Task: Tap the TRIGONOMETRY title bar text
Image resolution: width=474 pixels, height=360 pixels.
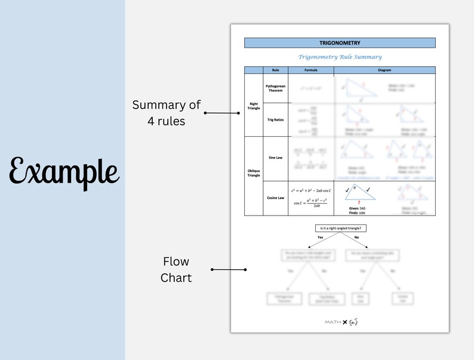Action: click(340, 43)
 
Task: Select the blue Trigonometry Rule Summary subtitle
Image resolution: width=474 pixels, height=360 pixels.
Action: click(340, 57)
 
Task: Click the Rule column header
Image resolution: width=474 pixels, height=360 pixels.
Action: click(275, 70)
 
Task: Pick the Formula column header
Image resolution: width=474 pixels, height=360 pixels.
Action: click(311, 70)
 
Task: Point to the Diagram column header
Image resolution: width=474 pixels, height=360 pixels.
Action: click(384, 70)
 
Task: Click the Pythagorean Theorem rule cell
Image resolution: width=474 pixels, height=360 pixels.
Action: click(275, 88)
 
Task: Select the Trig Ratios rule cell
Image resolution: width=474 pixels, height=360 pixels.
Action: click(275, 120)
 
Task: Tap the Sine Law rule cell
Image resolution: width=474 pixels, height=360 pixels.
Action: click(275, 159)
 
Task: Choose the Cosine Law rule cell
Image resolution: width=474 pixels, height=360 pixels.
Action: click(275, 198)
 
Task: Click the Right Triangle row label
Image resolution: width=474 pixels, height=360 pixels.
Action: click(253, 104)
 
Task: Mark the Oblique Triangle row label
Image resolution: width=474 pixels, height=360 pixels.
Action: click(253, 174)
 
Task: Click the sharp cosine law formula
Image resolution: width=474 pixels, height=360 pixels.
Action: click(312, 197)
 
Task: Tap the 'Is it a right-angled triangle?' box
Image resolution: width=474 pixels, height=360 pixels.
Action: click(340, 228)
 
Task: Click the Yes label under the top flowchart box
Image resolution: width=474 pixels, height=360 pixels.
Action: click(320, 238)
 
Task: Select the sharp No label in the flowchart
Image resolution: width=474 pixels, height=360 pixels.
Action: click(356, 238)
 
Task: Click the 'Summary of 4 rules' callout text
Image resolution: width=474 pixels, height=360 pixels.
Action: click(167, 113)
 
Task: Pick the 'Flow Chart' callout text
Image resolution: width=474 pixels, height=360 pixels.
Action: click(176, 269)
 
